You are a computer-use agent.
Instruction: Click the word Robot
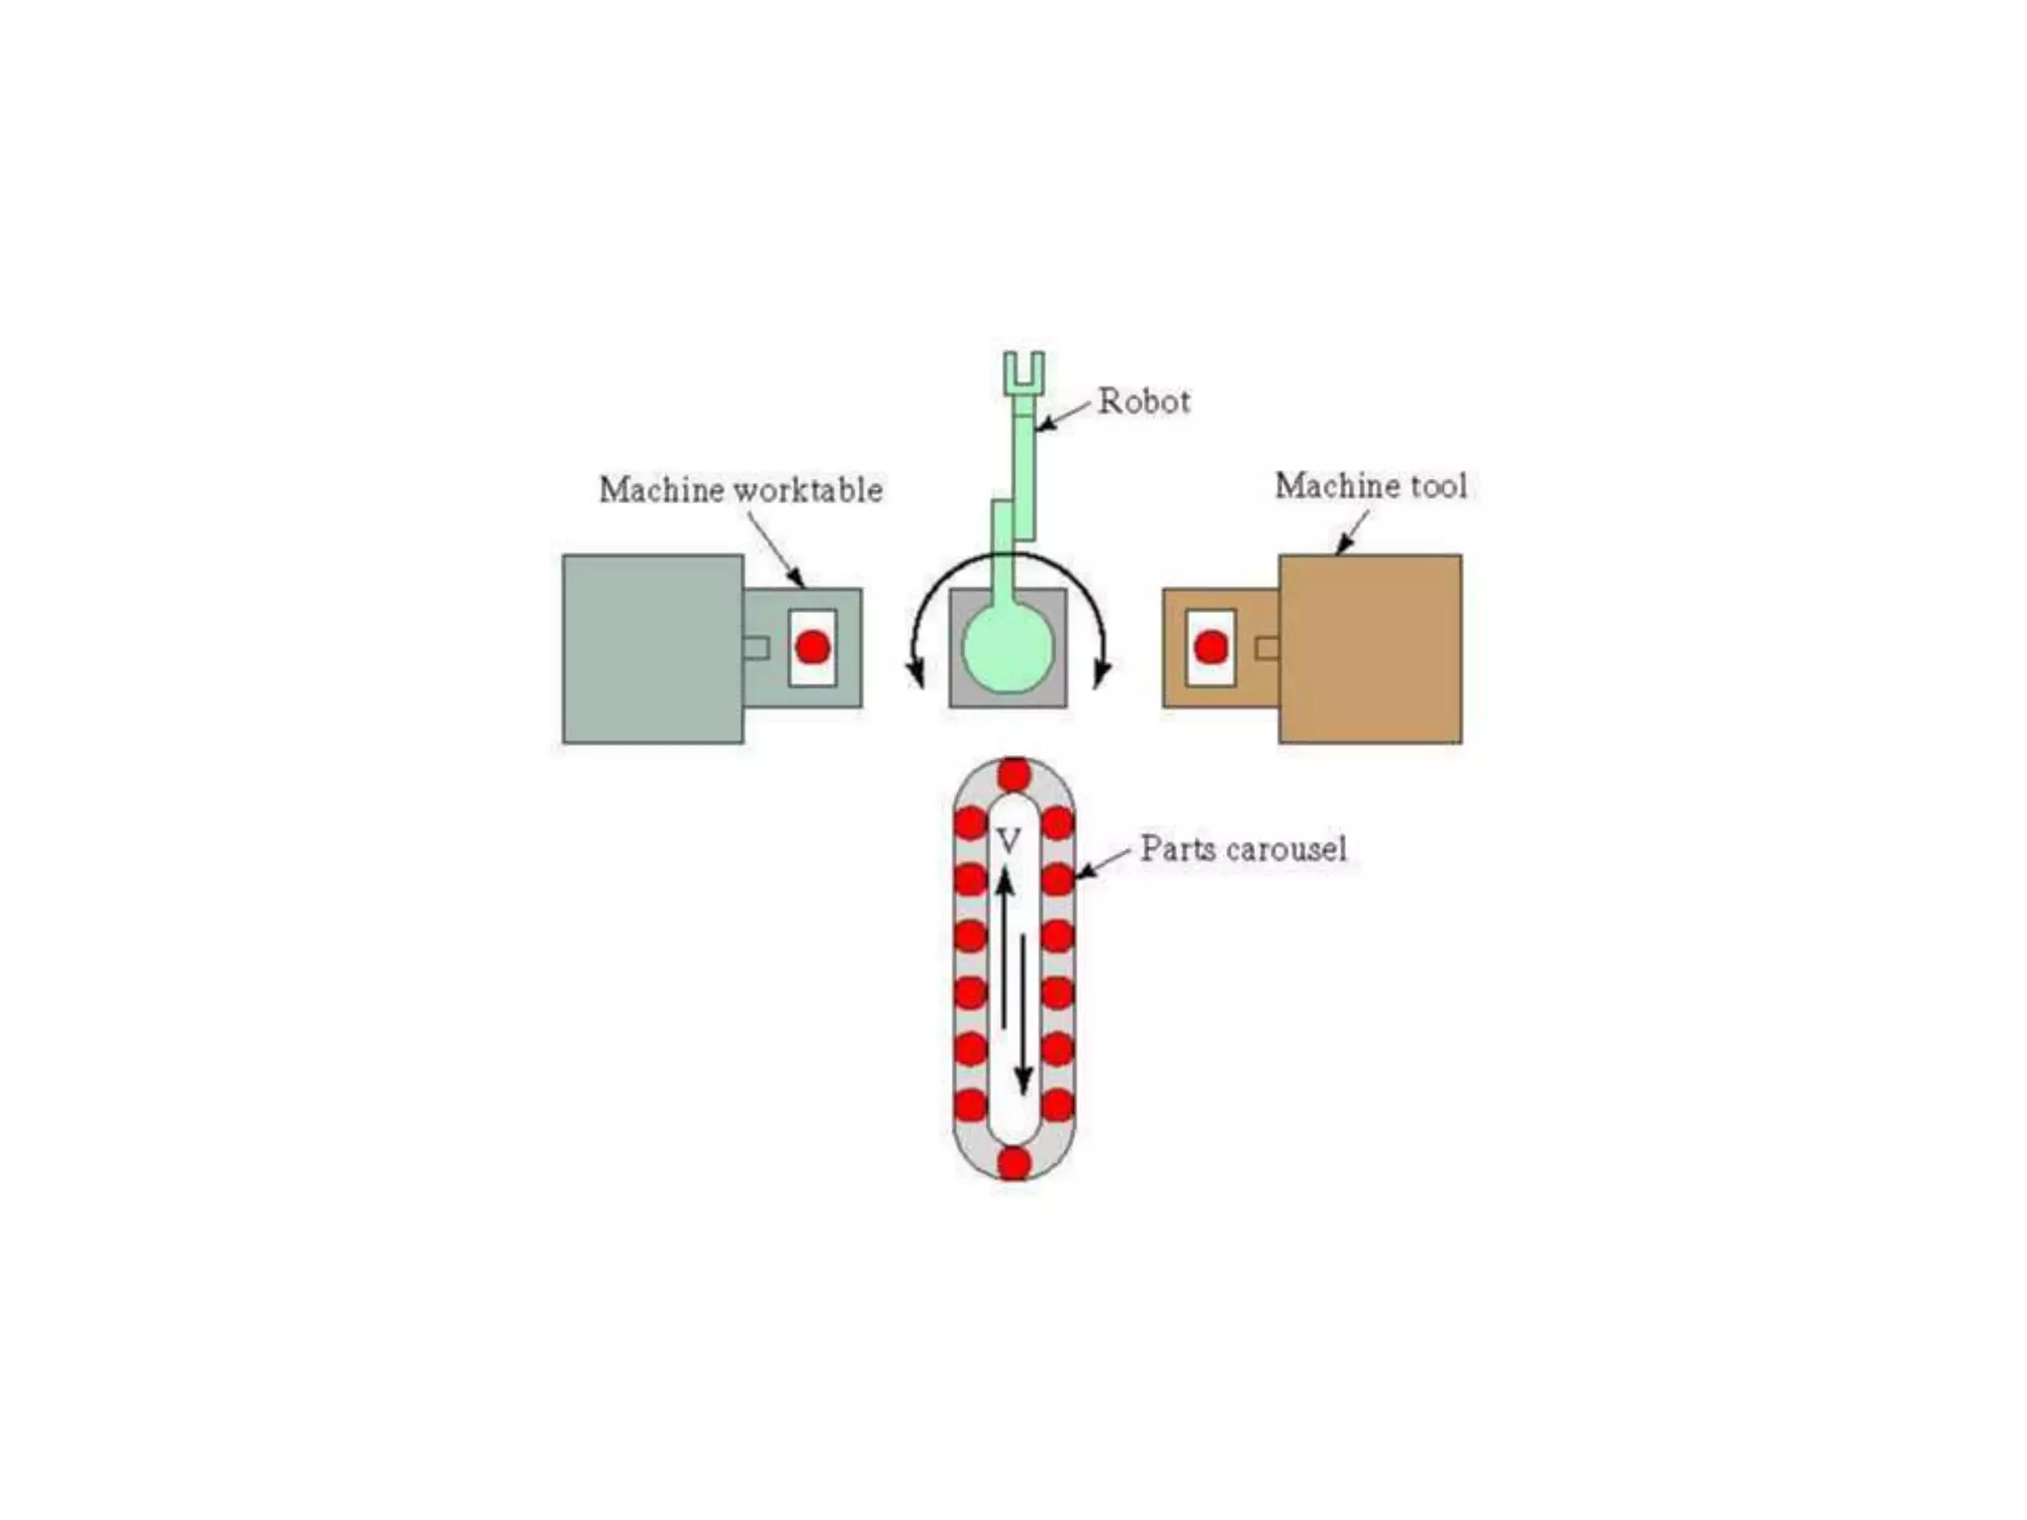pos(1144,401)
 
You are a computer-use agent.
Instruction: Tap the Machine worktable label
pos(740,490)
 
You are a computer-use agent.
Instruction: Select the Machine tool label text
pos(1370,486)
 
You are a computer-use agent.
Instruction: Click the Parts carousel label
pos(1243,849)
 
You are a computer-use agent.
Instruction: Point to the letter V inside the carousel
pos(1008,842)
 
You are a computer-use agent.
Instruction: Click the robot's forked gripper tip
pos(1022,370)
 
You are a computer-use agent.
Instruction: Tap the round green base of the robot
pos(1009,649)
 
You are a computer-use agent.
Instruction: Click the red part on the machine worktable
pos(813,647)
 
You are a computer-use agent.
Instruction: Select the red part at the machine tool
pos(1210,647)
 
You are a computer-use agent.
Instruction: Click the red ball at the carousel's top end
pos(1013,775)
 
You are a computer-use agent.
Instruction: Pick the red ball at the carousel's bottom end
pos(1013,1162)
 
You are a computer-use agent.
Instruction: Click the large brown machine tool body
pos(1370,648)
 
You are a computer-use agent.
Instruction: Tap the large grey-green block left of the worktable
pos(652,648)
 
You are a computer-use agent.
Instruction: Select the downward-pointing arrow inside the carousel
pos(1024,1019)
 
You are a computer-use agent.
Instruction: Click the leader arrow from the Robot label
pos(1061,417)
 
